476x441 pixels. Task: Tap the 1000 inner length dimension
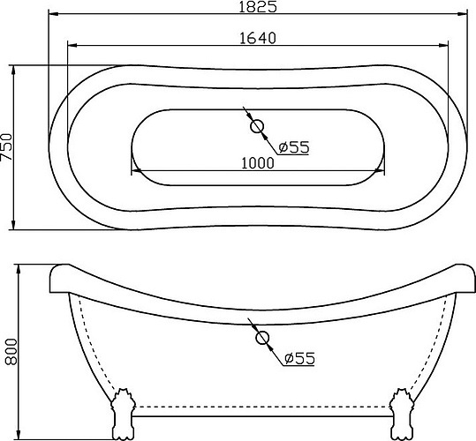coord(258,161)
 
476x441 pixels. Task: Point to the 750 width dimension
coord(8,146)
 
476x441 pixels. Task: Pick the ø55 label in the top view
coord(292,147)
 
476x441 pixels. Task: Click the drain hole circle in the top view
coord(258,129)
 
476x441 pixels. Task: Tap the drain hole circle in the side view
coord(262,337)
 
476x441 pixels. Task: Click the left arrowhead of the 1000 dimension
coord(135,168)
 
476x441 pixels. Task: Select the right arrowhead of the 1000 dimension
coord(382,168)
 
